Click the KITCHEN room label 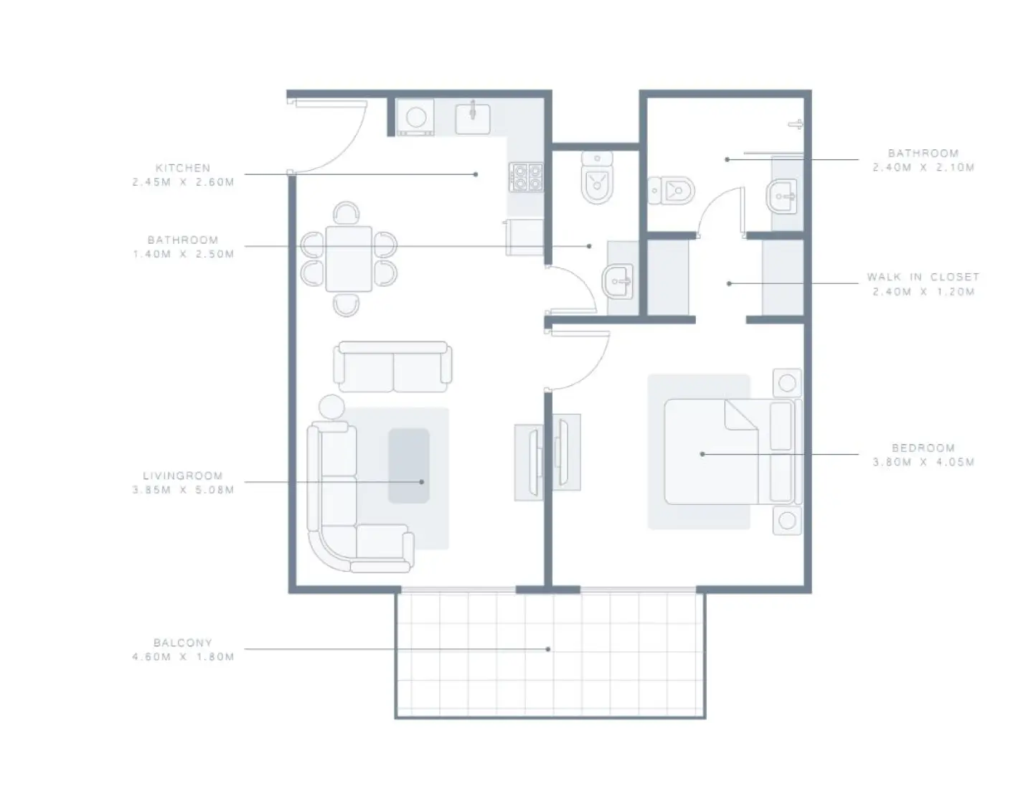[183, 168]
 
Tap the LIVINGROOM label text [183, 476]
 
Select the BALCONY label [183, 643]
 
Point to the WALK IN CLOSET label [923, 277]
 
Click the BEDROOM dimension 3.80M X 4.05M [923, 463]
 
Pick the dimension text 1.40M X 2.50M [183, 254]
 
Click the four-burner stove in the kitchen [526, 177]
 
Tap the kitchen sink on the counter [473, 118]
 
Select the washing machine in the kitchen [416, 118]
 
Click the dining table [349, 259]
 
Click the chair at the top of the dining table [347, 213]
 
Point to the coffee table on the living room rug [409, 466]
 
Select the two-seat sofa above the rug [392, 367]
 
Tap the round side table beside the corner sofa [331, 407]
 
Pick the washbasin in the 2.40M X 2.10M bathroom [782, 195]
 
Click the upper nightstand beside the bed [787, 383]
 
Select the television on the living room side [532, 461]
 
